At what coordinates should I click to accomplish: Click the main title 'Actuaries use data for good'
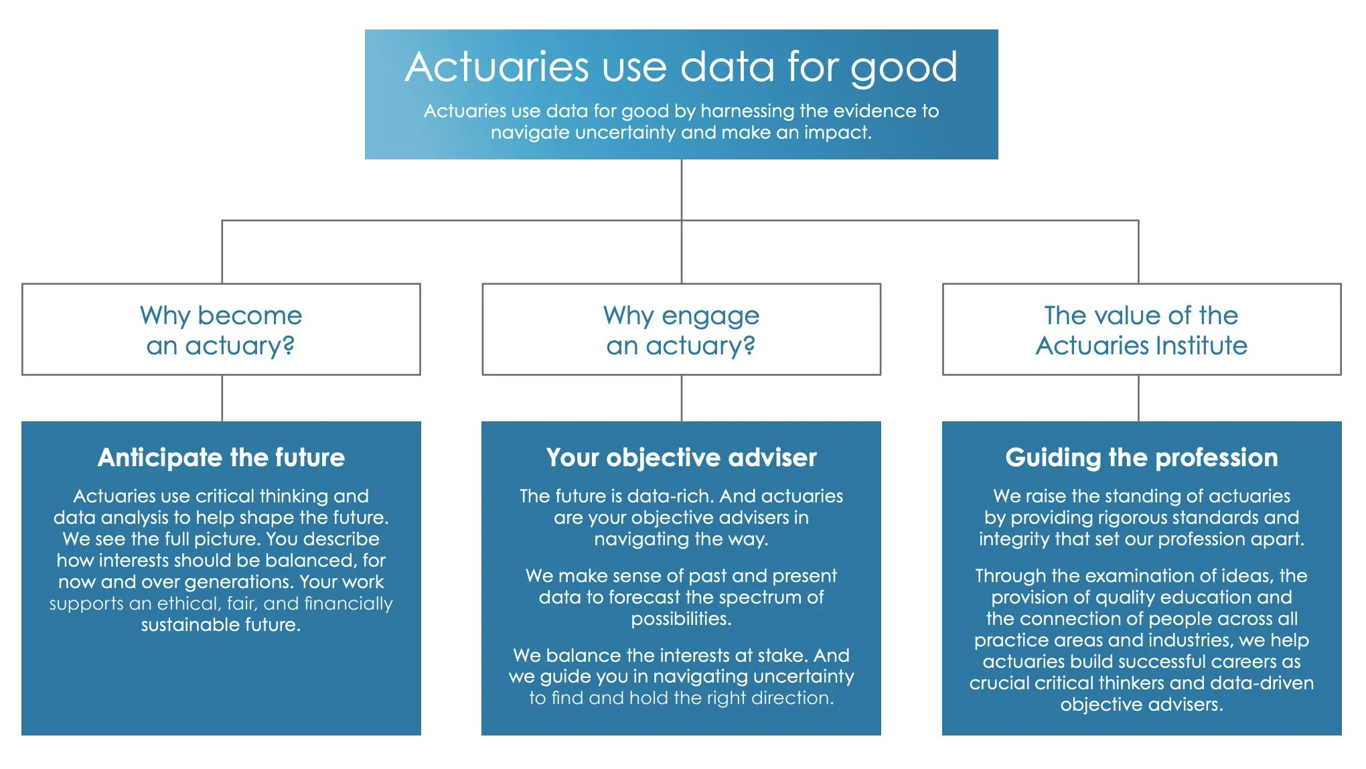(x=681, y=67)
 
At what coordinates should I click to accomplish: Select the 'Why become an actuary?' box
(x=221, y=330)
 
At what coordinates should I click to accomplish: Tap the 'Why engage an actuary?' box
(x=681, y=330)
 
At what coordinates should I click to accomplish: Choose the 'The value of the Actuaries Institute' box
(x=1141, y=330)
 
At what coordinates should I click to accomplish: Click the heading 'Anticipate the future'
(x=221, y=458)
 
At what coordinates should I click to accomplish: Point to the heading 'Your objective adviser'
(x=681, y=458)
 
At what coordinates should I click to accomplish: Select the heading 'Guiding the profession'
(x=1141, y=458)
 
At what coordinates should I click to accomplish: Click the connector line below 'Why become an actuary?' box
(x=222, y=398)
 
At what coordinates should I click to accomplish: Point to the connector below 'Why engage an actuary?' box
(x=682, y=398)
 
